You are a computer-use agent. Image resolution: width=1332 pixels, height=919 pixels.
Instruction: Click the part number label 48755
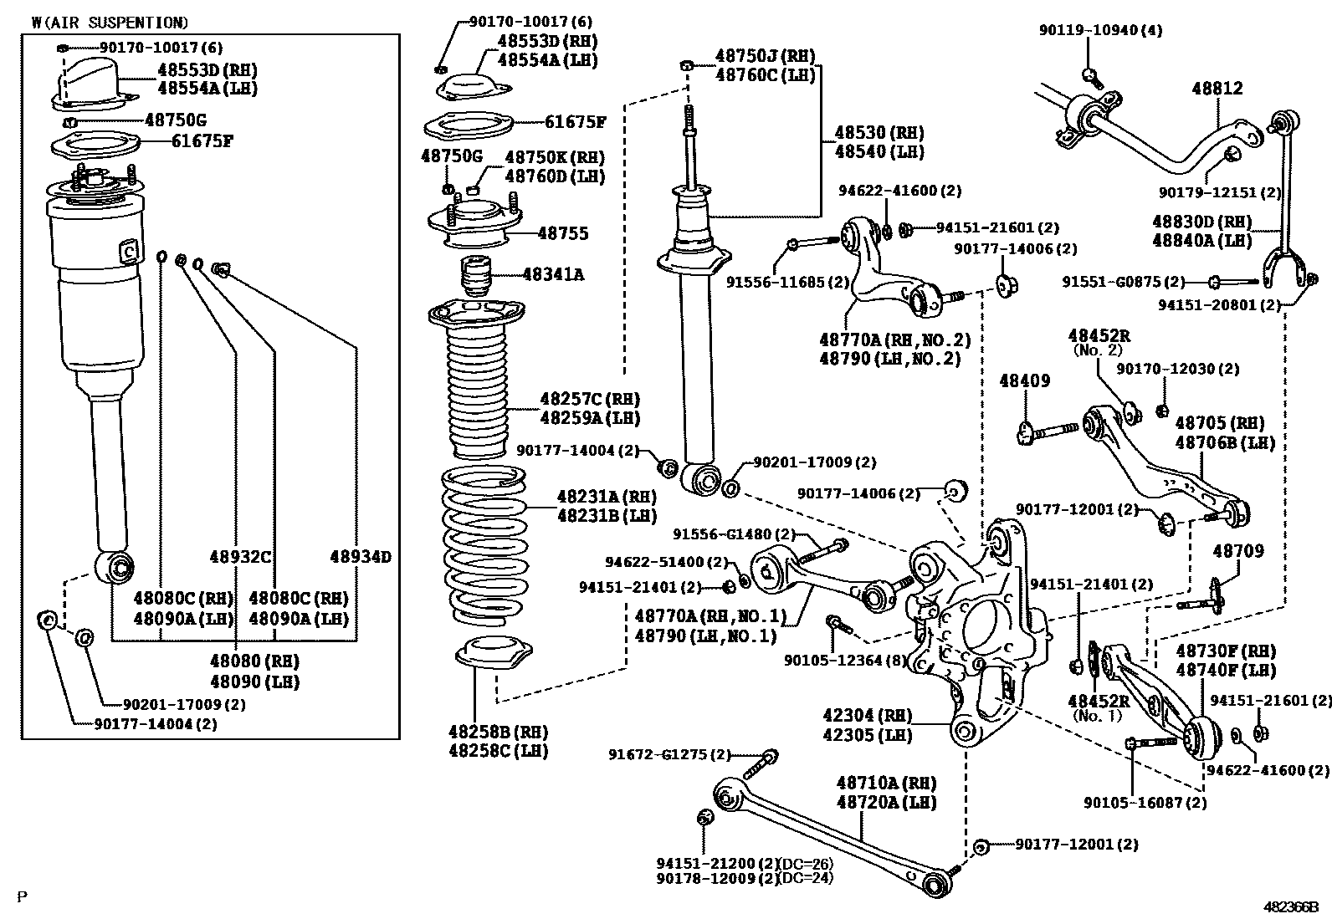[562, 233]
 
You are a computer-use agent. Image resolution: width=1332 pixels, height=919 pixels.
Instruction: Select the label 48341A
[553, 273]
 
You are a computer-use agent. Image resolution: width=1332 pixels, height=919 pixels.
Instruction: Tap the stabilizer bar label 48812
[1217, 89]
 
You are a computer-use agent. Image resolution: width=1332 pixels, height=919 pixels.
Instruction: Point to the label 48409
[1024, 381]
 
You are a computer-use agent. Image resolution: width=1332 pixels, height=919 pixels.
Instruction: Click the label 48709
[1238, 551]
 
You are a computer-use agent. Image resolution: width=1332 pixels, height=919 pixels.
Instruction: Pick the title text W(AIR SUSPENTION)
[110, 23]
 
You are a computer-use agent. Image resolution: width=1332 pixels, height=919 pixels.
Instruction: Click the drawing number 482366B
[1290, 906]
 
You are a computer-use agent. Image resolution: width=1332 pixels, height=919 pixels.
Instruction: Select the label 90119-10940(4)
[1100, 30]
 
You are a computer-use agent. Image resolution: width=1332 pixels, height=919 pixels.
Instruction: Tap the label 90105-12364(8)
[845, 661]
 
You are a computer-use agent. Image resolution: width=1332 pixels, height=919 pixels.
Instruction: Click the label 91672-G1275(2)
[669, 755]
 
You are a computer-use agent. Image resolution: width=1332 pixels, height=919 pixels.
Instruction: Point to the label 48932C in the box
[242, 557]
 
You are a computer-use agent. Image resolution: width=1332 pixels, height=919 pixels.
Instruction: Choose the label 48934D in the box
[360, 557]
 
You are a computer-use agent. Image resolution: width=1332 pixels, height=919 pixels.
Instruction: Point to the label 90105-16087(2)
[1145, 803]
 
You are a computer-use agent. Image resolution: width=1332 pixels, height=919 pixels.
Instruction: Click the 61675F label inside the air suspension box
[202, 140]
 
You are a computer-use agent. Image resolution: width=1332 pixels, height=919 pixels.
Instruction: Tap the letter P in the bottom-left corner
[23, 897]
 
